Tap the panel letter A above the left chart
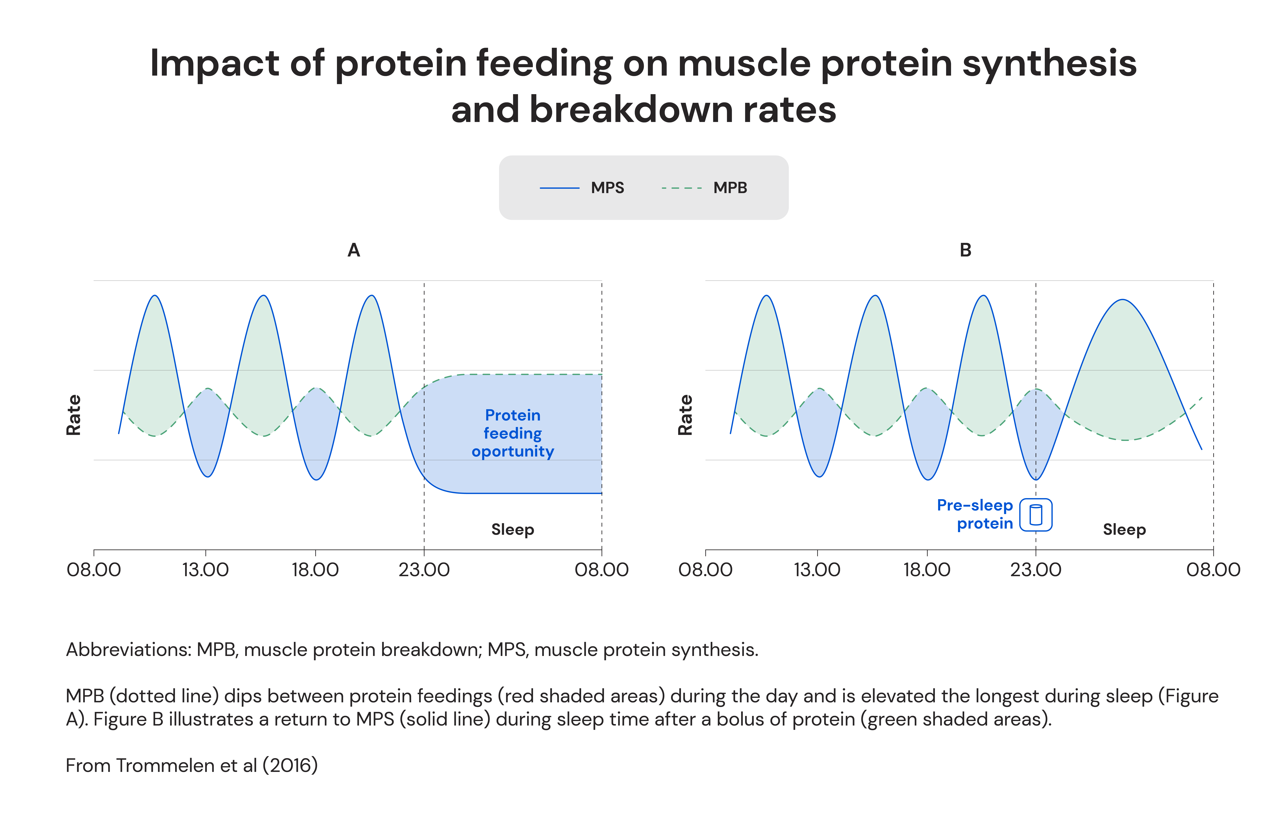[x=354, y=250]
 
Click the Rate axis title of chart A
[x=73, y=415]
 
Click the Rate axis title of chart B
[x=685, y=415]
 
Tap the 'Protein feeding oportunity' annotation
[x=512, y=433]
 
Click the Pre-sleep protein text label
[x=975, y=514]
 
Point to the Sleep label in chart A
[x=512, y=530]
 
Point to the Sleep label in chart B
[x=1124, y=530]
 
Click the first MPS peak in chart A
[x=155, y=296]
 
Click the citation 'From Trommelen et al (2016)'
[x=191, y=766]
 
